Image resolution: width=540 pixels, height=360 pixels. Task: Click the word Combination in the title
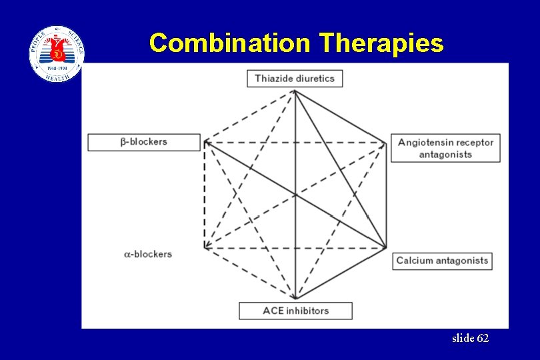click(231, 43)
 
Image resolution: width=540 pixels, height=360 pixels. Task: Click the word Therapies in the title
click(381, 43)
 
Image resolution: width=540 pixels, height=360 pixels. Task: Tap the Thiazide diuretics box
click(295, 79)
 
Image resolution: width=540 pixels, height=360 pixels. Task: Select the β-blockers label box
click(144, 142)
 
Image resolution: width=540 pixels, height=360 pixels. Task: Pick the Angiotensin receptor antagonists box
click(445, 148)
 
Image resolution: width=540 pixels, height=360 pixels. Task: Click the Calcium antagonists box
click(442, 261)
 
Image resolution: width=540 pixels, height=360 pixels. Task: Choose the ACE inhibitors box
click(295, 311)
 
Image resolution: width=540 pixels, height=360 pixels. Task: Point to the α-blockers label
click(148, 254)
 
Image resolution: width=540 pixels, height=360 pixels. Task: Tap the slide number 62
click(470, 339)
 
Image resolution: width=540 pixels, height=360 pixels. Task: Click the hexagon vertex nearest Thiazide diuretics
click(295, 91)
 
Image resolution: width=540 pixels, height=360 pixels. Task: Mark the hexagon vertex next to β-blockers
click(205, 142)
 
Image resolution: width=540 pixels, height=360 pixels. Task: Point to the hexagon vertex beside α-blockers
click(205, 248)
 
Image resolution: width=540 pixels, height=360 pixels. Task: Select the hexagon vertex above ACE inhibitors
click(295, 299)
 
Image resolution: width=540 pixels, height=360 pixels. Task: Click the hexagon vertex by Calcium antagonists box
click(386, 248)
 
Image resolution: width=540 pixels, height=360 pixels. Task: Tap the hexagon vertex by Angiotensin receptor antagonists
click(386, 142)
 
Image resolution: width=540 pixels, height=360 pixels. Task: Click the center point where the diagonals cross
click(295, 195)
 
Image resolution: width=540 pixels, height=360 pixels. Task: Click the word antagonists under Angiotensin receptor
click(445, 155)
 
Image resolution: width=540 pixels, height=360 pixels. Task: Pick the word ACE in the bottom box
click(273, 311)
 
